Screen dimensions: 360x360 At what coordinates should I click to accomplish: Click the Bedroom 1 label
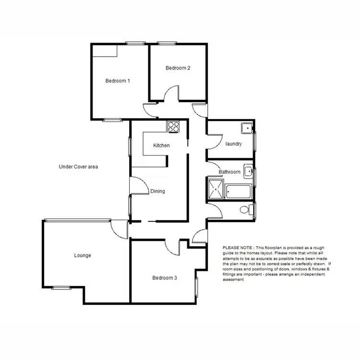pos(118,81)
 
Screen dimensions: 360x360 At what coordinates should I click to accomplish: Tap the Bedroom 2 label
pos(178,68)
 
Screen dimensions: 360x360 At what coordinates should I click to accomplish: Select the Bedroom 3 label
pos(165,277)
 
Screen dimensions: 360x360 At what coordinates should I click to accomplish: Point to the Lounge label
pos(83,255)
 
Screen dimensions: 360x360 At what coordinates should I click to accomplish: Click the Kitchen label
pos(161,145)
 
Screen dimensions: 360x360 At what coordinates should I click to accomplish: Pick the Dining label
pos(157,191)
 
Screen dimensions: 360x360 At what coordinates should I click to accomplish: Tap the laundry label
pos(233,144)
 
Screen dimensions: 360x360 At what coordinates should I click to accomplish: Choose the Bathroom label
pos(229,172)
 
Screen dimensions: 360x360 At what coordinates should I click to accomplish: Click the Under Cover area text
pos(78,167)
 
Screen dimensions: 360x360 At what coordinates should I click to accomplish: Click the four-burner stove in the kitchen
pos(173,127)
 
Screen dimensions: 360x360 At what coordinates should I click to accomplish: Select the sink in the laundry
pos(247,128)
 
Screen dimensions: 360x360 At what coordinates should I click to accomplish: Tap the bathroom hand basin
pos(248,171)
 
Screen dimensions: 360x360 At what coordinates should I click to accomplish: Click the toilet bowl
pos(245,209)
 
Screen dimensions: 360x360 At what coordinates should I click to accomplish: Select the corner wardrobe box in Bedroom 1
pos(105,51)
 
